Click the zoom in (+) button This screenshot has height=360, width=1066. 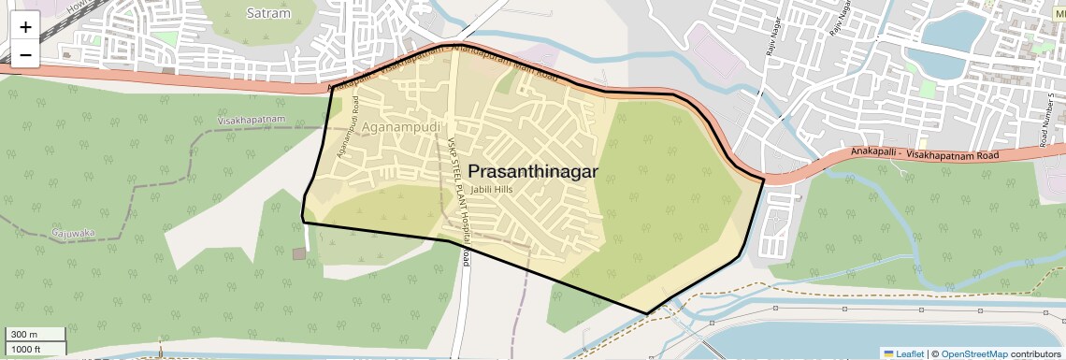25,27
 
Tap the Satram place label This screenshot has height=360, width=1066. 269,13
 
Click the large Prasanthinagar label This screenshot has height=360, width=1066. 532,171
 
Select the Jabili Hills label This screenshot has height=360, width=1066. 493,190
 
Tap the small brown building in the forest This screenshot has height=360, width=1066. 297,253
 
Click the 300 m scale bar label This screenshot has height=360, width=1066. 24,335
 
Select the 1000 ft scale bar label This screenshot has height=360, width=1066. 26,349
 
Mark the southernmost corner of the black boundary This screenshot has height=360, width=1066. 647,313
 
